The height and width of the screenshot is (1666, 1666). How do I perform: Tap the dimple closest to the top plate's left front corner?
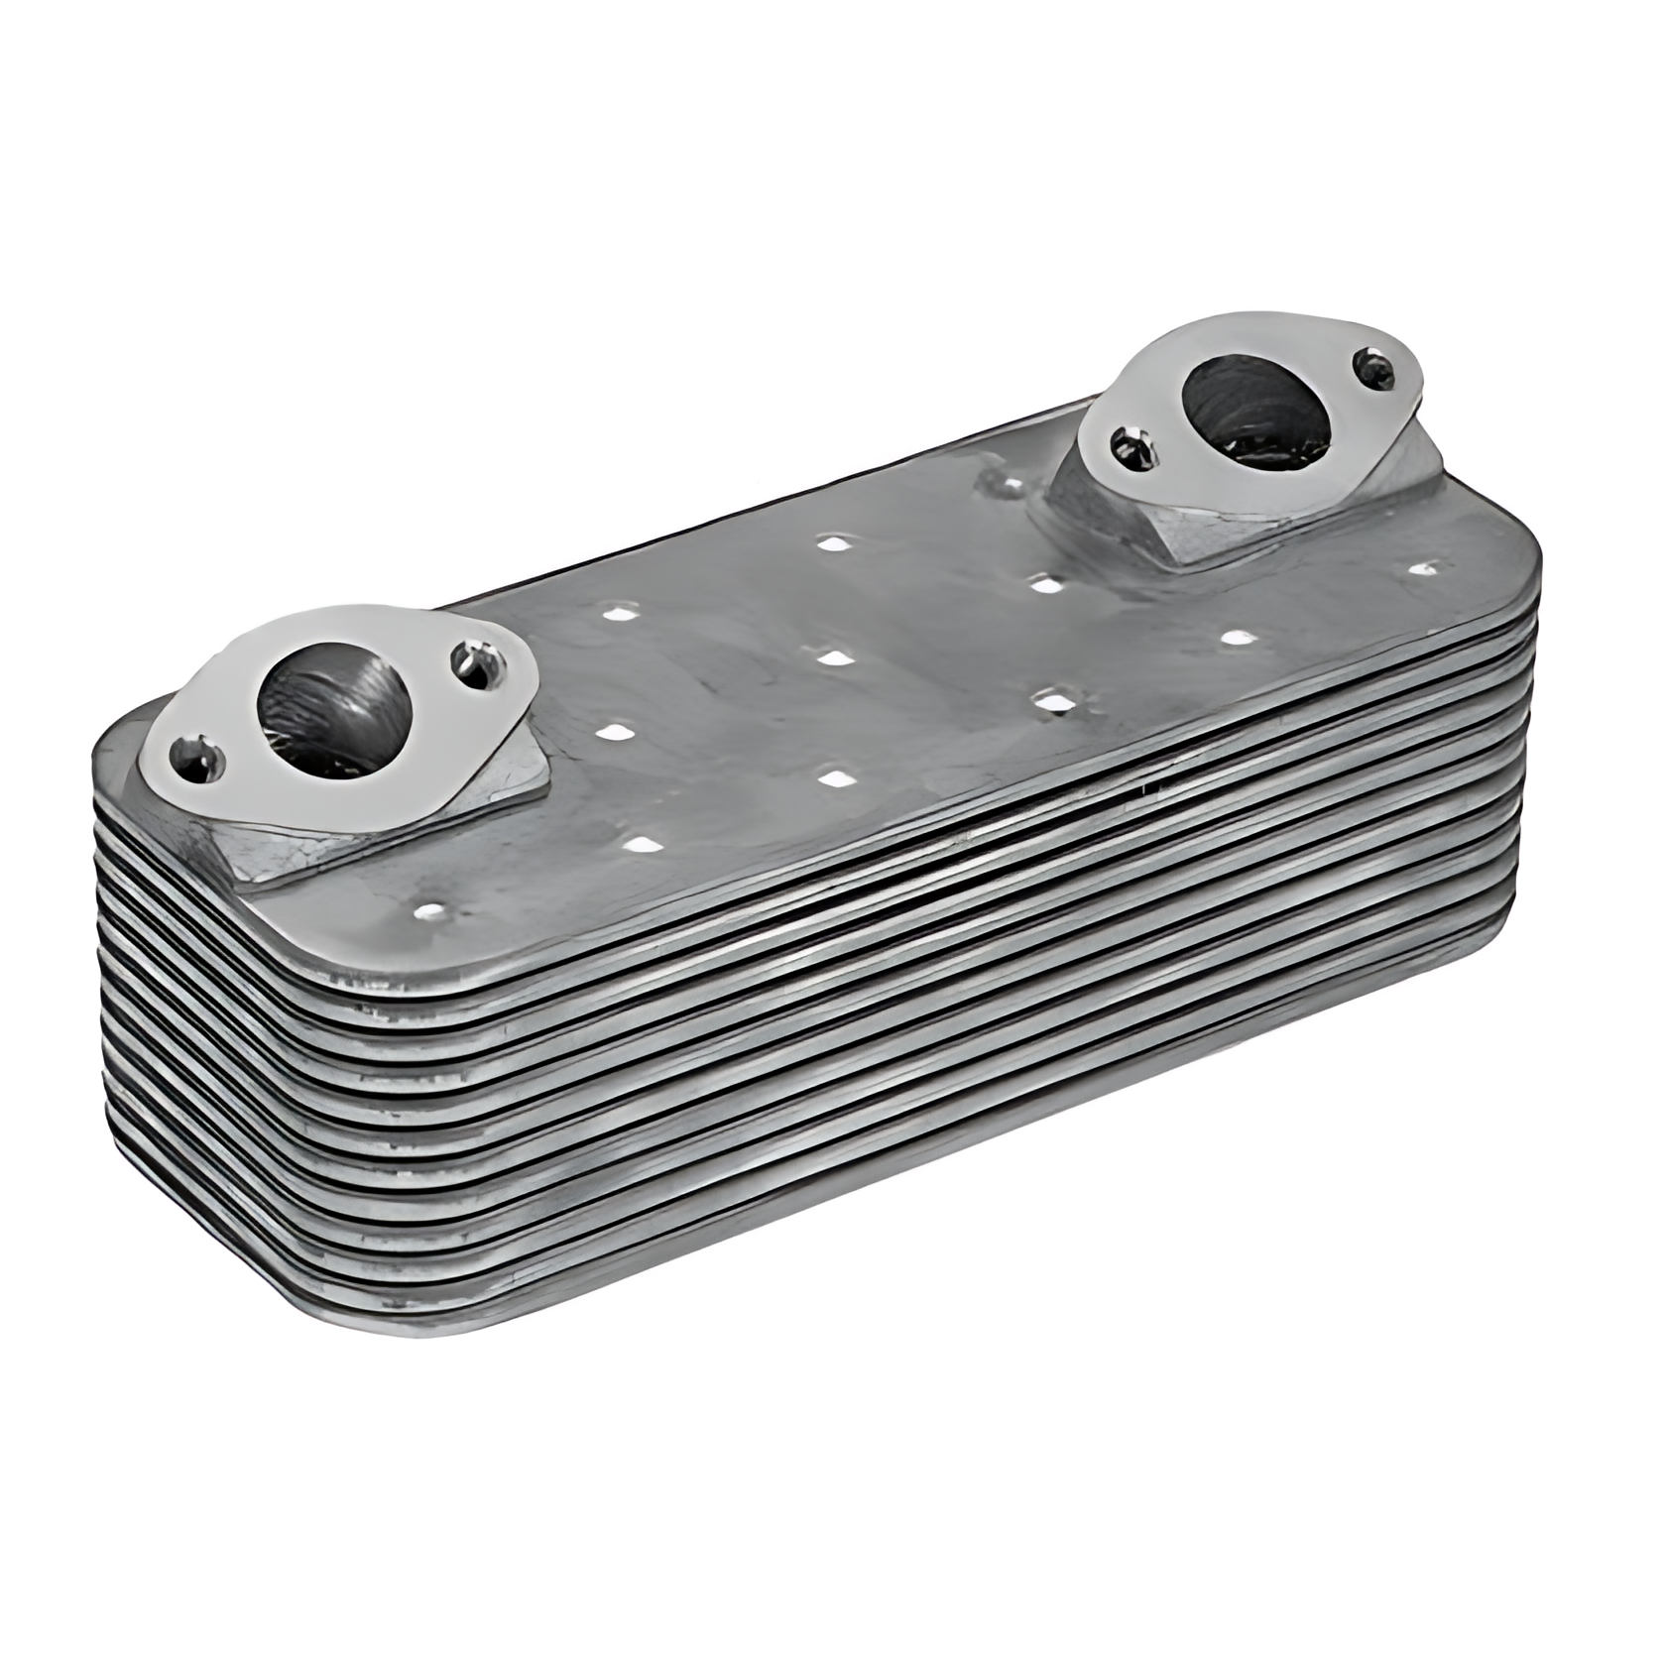(431, 909)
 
